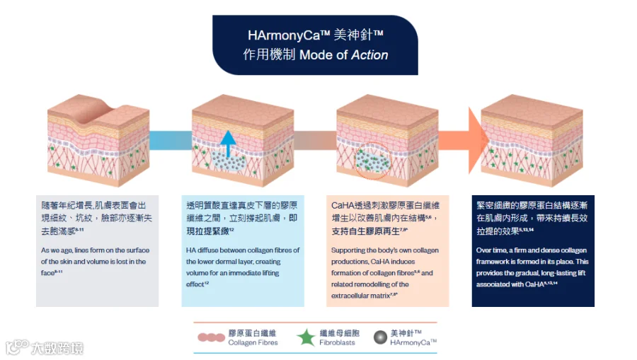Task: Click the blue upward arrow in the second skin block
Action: point(228,144)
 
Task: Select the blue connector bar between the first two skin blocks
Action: point(171,140)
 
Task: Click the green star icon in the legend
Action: point(306,337)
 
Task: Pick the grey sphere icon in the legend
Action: point(380,337)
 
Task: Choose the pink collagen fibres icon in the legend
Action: point(211,337)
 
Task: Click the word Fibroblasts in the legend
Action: point(337,342)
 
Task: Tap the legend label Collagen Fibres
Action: point(253,342)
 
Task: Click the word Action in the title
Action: point(369,54)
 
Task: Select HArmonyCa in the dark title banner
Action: point(284,35)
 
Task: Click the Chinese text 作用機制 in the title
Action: point(269,54)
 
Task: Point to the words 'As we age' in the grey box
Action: point(57,250)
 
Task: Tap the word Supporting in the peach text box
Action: point(348,250)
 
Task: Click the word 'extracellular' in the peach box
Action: point(351,296)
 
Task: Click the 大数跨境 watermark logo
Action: point(45,347)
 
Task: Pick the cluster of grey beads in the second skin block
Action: point(229,161)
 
